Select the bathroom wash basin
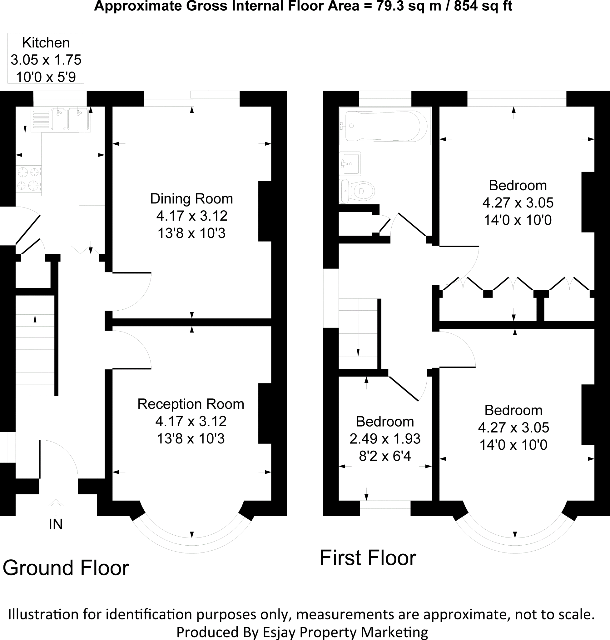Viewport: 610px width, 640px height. click(350, 163)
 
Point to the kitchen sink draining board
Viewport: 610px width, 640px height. click(41, 119)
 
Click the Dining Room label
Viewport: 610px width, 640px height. click(191, 199)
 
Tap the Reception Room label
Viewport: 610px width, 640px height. click(191, 404)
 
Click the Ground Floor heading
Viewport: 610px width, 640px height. click(66, 568)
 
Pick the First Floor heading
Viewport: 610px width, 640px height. click(368, 558)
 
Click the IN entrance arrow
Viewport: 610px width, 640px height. click(56, 508)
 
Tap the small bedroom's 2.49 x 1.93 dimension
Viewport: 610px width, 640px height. click(385, 439)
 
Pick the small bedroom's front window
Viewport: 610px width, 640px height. click(385, 508)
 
